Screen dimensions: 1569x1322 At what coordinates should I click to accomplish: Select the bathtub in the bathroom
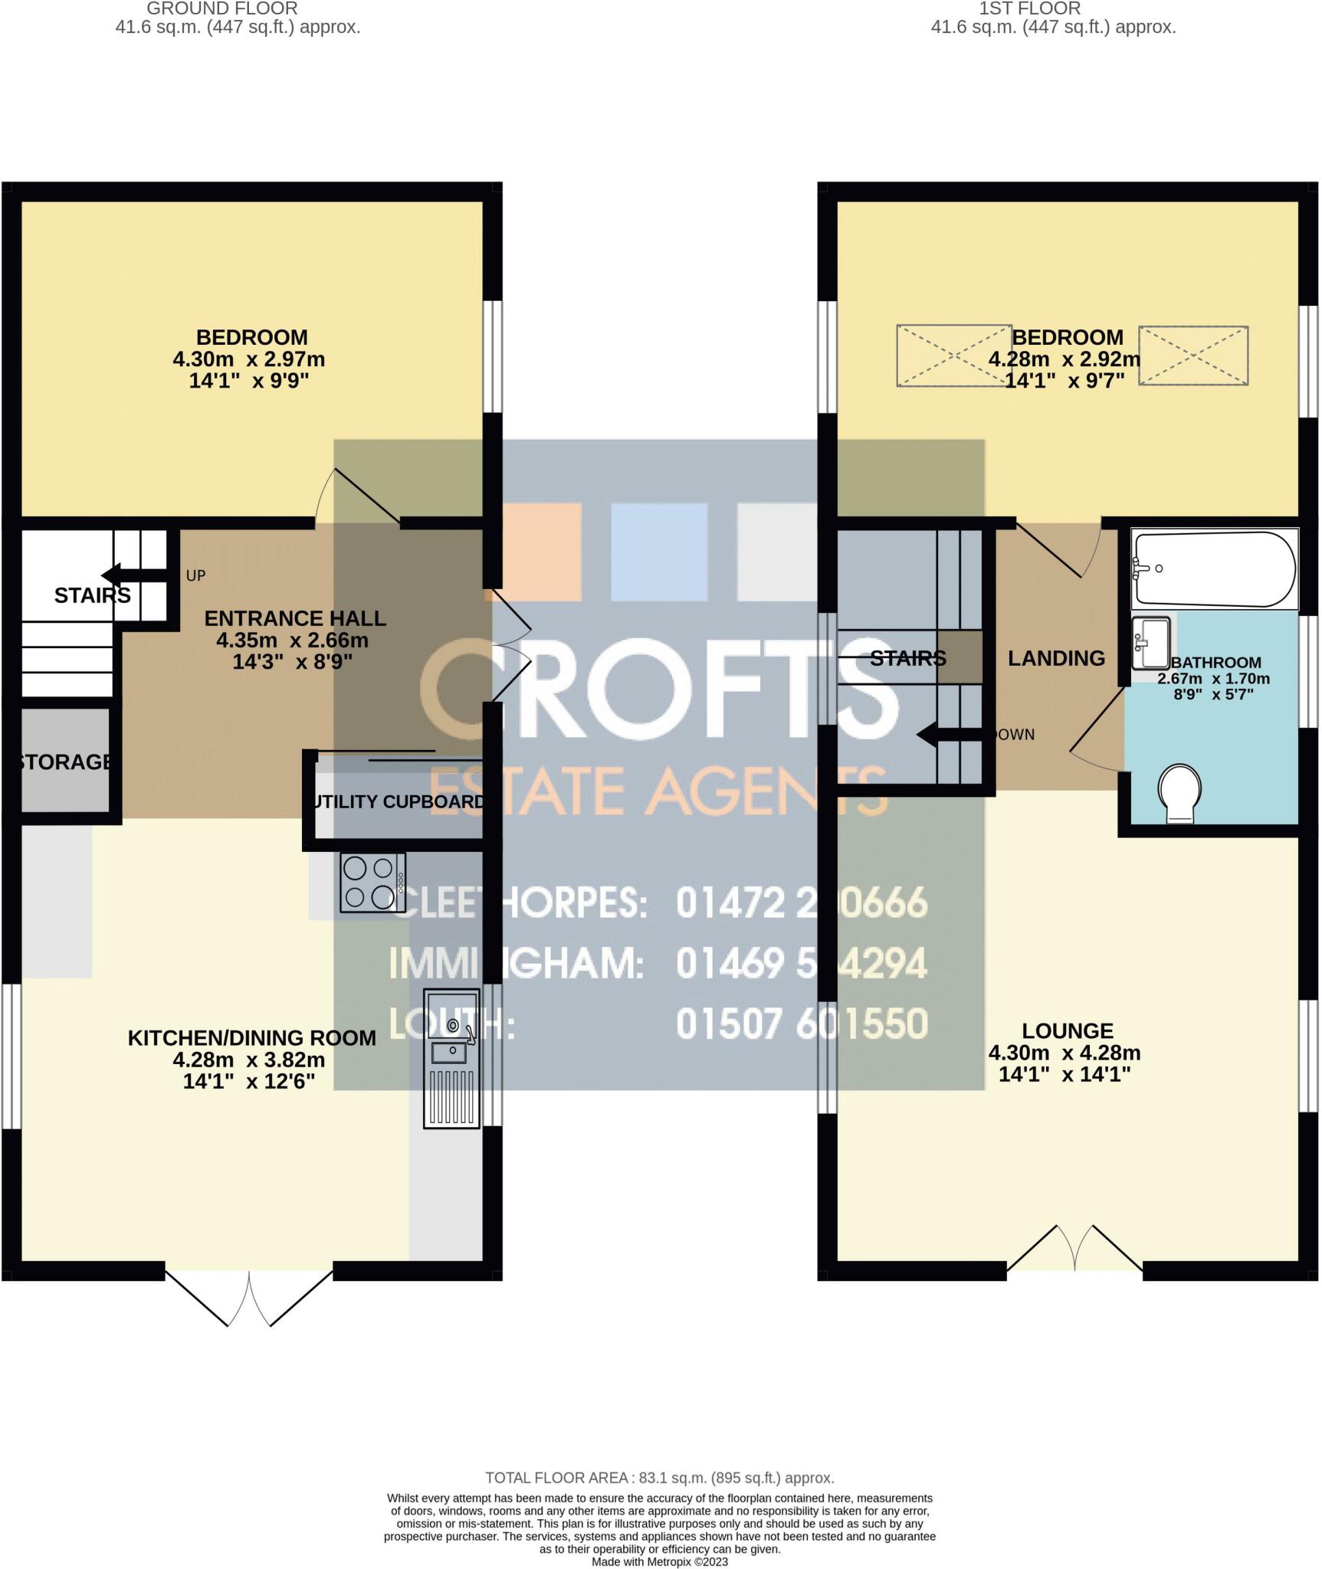(1215, 569)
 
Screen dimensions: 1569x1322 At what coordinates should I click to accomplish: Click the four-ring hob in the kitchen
(372, 883)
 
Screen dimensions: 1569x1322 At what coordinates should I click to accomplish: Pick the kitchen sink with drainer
(451, 1057)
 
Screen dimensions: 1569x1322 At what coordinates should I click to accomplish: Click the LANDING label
(1056, 658)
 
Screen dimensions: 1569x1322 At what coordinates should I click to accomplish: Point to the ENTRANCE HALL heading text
(295, 618)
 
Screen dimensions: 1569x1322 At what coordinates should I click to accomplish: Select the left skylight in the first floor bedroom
(953, 355)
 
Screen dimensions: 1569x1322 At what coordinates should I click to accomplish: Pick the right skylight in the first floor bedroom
(1193, 355)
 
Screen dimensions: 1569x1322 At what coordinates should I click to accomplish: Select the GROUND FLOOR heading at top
(222, 9)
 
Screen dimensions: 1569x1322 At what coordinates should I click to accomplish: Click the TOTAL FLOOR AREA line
(660, 1478)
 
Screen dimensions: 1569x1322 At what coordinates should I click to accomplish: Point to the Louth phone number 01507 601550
(802, 1024)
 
